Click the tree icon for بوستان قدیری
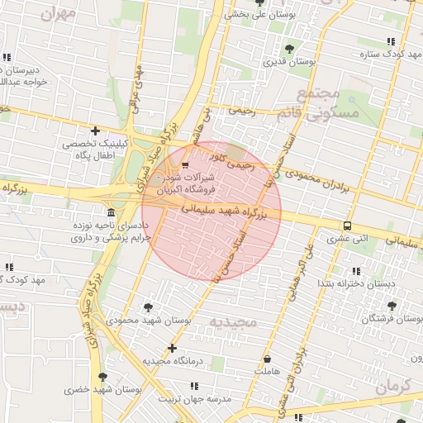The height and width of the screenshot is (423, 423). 289,49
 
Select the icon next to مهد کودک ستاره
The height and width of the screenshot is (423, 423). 389,41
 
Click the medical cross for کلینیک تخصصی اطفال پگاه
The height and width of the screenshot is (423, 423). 96,131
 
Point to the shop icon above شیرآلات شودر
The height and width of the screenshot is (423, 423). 184,164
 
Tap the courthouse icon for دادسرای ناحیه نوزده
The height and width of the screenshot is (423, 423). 111,212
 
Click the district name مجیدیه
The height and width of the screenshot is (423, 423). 233,321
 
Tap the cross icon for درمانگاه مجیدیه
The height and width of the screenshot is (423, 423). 172,349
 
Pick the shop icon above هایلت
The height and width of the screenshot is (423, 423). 268,359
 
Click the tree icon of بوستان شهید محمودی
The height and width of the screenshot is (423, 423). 149,307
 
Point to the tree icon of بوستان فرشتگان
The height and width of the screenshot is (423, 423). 391,306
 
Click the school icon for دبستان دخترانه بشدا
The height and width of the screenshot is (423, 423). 357,271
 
